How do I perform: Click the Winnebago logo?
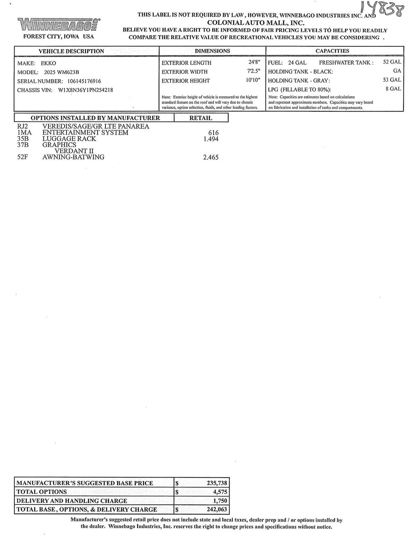pyautogui.click(x=59, y=24)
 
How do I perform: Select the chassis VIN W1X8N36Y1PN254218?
pyautogui.click(x=85, y=90)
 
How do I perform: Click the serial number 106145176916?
pyautogui.click(x=84, y=81)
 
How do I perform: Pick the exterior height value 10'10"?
pyautogui.click(x=253, y=80)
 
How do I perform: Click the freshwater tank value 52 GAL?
pyautogui.click(x=392, y=62)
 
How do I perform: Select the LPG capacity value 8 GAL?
pyautogui.click(x=393, y=89)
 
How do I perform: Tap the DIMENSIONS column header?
pyautogui.click(x=212, y=51)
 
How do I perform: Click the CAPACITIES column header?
pyautogui.click(x=332, y=51)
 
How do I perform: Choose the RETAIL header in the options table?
pyautogui.click(x=201, y=118)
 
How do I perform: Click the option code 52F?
pyautogui.click(x=23, y=157)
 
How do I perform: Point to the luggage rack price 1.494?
pyautogui.click(x=211, y=139)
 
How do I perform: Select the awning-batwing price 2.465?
pyautogui.click(x=211, y=157)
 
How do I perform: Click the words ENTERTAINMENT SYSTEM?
pyautogui.click(x=85, y=133)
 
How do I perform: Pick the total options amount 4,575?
pyautogui.click(x=220, y=492)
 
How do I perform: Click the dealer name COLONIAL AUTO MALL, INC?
pyautogui.click(x=255, y=23)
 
